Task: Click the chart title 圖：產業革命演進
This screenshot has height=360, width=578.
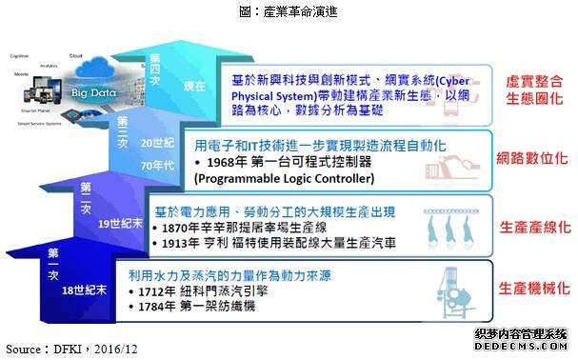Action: tap(289, 11)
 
